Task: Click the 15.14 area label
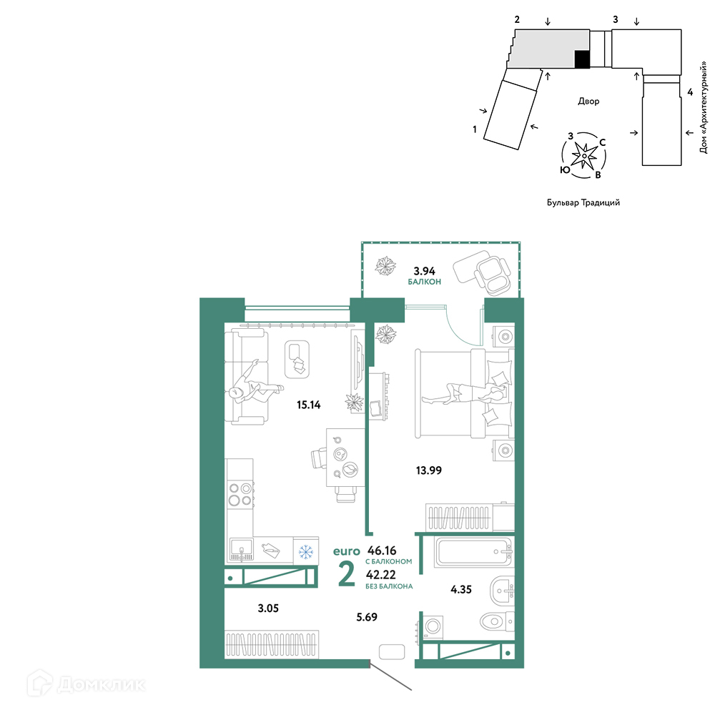pos(309,405)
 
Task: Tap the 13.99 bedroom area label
pos(428,470)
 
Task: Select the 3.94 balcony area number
pos(424,271)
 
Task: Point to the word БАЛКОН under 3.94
pos(425,282)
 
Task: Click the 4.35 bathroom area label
pos(461,589)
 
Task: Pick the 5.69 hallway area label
pos(367,617)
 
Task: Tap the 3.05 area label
pos(268,608)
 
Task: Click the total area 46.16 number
pos(382,551)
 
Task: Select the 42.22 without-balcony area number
pos(381,575)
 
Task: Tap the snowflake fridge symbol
pos(305,552)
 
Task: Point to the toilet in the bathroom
pos(497,621)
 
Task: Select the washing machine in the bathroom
pos(433,626)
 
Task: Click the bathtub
pos(473,552)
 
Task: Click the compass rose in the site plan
pos(584,155)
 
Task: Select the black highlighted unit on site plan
pos(582,59)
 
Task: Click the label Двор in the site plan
pos(588,101)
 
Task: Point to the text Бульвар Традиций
pos(583,202)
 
